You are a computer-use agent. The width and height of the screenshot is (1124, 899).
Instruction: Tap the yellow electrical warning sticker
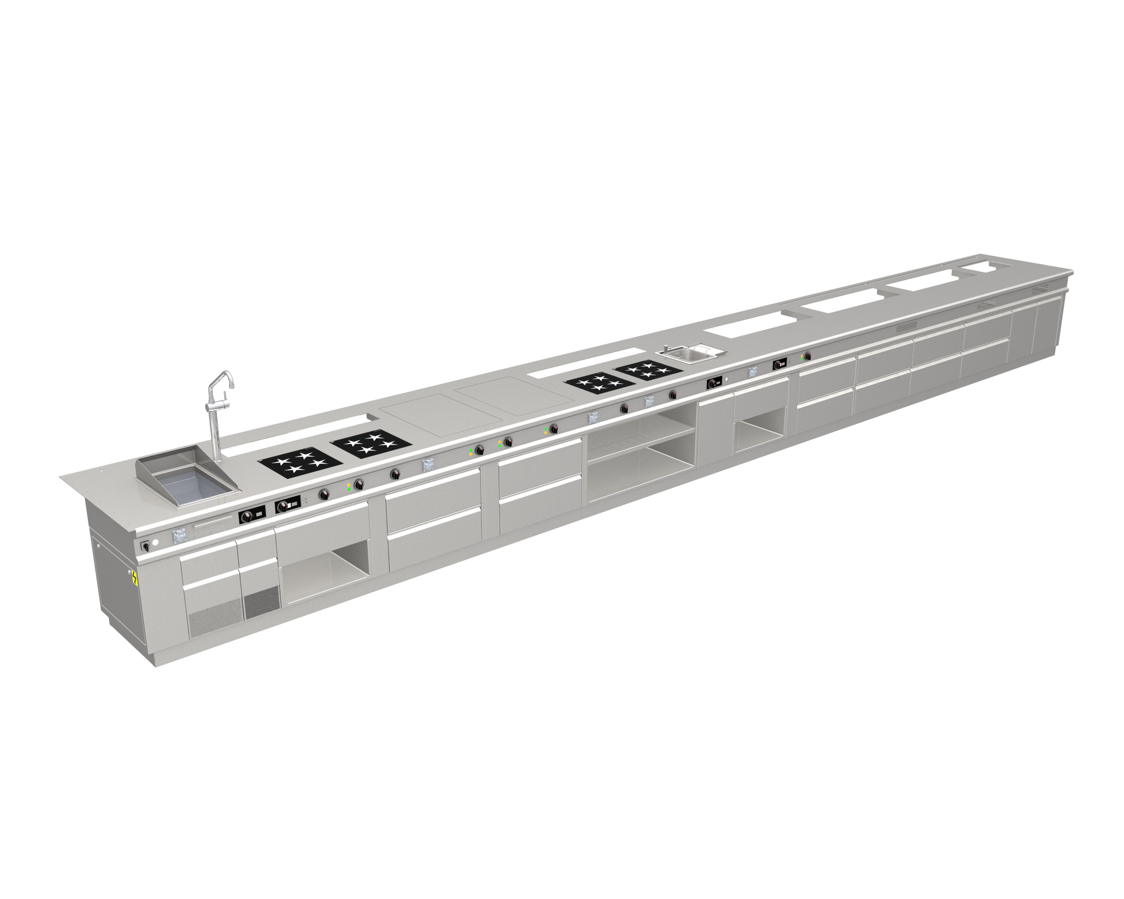point(135,579)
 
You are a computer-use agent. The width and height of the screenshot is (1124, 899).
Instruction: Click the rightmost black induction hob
point(647,370)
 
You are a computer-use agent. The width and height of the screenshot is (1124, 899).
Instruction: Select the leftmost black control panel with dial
point(252,516)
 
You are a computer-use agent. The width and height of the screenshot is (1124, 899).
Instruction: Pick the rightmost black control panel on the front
point(780,364)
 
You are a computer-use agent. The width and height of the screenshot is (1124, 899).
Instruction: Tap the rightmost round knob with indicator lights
point(807,356)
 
